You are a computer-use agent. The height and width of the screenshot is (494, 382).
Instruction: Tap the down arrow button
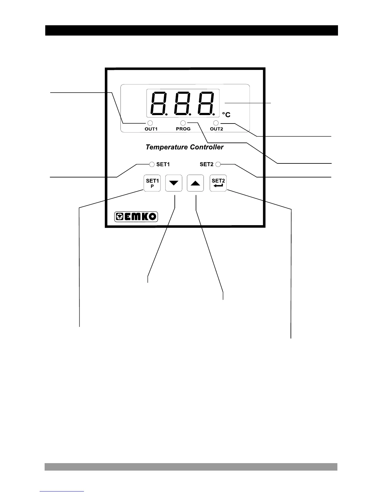pyautogui.click(x=174, y=183)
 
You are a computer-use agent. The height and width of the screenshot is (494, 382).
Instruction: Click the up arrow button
pyautogui.click(x=195, y=183)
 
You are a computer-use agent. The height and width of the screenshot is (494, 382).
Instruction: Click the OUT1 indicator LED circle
pyautogui.click(x=150, y=123)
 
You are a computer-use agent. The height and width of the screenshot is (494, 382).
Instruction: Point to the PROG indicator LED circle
pyautogui.click(x=183, y=123)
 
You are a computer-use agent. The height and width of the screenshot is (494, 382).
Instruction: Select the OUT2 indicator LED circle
pyautogui.click(x=216, y=123)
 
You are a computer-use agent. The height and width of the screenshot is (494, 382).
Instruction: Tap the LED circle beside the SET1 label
pyautogui.click(x=152, y=164)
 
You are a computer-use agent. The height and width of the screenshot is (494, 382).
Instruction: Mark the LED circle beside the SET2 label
pyautogui.click(x=218, y=164)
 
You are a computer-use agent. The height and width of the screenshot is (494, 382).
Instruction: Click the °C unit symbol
pyautogui.click(x=226, y=115)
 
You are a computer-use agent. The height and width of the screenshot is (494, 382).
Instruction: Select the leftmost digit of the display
pyautogui.click(x=159, y=104)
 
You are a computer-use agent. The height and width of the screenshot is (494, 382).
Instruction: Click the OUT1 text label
pyautogui.click(x=151, y=129)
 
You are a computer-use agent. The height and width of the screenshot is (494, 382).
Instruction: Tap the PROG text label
pyautogui.click(x=183, y=129)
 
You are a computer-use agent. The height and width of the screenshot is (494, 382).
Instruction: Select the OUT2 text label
pyautogui.click(x=216, y=129)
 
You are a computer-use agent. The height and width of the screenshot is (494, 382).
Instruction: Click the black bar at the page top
pyautogui.click(x=192, y=31)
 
